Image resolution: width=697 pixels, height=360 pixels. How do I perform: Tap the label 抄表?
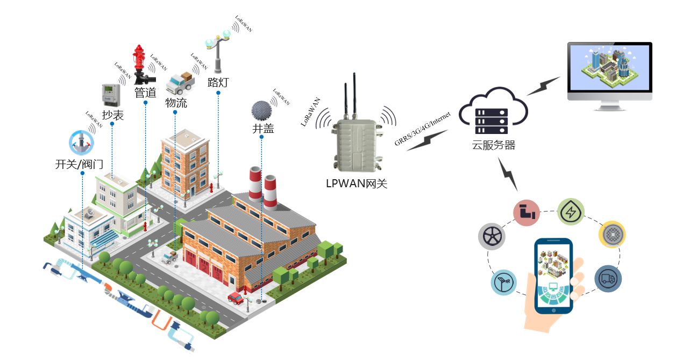(113, 114)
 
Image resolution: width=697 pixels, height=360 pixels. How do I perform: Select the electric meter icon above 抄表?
(111, 95)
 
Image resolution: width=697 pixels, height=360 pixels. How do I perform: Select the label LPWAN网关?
(357, 183)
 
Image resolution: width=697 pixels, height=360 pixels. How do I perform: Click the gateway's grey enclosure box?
(356, 143)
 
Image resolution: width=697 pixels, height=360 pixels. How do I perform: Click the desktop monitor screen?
(609, 68)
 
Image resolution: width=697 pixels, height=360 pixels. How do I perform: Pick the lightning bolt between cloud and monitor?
(543, 86)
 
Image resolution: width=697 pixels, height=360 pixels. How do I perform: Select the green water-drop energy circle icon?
(570, 211)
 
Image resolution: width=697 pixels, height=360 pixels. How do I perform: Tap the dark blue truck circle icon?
(608, 279)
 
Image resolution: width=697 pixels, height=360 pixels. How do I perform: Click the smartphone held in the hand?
(553, 276)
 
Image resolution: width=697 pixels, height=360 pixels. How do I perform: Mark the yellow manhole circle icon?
(612, 234)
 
